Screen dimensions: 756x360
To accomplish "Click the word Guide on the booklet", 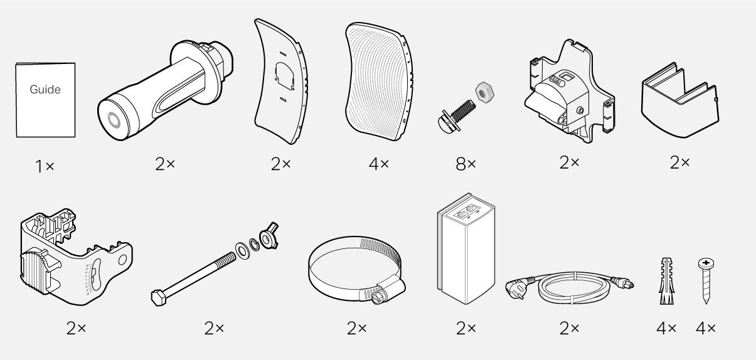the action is point(45,90).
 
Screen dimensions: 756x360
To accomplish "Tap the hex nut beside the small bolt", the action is point(484,92).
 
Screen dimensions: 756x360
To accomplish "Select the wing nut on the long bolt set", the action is point(269,235).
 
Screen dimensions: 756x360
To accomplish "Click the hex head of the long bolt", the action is point(158,298).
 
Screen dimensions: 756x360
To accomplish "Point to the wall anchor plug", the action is point(666,281).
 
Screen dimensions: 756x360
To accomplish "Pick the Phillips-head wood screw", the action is point(706,281).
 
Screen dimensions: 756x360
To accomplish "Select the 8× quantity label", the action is point(466,164).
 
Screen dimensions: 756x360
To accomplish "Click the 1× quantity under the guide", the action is point(45,166).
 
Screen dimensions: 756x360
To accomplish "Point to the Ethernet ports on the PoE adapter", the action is point(466,212).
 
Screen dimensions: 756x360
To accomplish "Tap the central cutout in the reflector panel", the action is point(285,76).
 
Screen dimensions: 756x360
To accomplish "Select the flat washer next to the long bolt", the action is point(242,251).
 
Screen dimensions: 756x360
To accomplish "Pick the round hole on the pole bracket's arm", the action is point(122,260).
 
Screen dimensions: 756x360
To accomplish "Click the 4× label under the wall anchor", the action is point(666,328).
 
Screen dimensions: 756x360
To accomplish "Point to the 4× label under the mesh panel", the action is point(379,164).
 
